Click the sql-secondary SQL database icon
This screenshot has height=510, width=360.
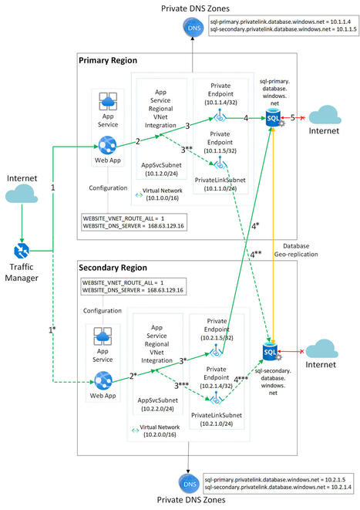click(x=271, y=353)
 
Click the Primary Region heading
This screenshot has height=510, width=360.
click(x=108, y=60)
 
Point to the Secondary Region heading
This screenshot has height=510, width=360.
click(x=113, y=266)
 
